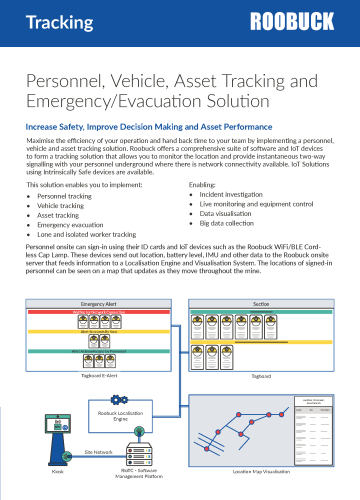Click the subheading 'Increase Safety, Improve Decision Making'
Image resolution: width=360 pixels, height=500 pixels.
click(x=149, y=126)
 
